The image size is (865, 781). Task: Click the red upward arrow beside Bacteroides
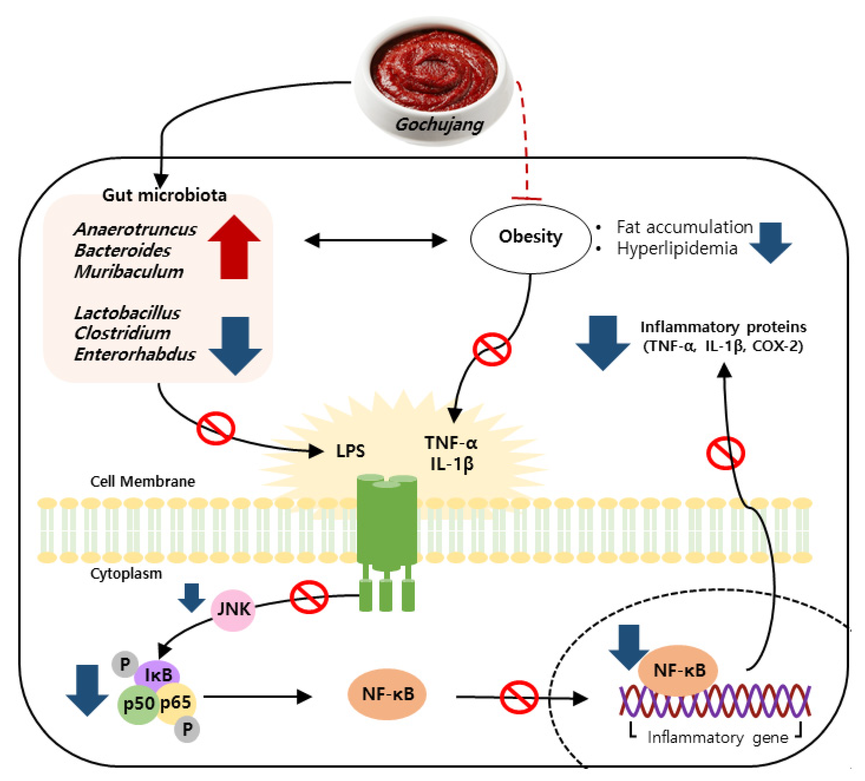[x=234, y=248]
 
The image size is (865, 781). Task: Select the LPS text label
[x=350, y=451]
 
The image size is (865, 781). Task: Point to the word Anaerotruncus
[x=135, y=229]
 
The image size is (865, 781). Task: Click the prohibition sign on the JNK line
[x=309, y=597]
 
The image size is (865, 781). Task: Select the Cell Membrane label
[x=143, y=481]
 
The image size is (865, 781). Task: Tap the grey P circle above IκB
[x=124, y=664]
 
